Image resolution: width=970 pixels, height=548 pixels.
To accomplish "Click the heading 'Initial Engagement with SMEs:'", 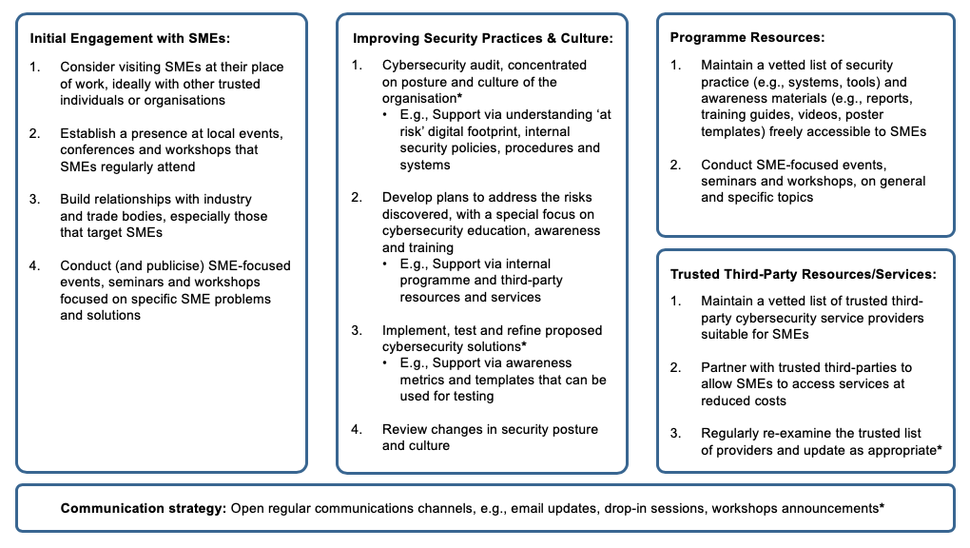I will [x=130, y=39].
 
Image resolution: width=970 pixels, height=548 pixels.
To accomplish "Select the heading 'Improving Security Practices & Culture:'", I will [x=482, y=39].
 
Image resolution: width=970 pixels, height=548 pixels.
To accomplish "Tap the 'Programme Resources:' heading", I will [x=747, y=38].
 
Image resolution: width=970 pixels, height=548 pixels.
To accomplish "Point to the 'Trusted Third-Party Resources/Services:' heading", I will [x=803, y=274].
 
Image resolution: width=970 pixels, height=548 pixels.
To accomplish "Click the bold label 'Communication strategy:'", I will [x=143, y=508].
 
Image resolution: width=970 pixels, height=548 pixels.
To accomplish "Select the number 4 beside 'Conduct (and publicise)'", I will [x=34, y=265].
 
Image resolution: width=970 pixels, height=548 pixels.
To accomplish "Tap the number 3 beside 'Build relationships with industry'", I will [x=34, y=199].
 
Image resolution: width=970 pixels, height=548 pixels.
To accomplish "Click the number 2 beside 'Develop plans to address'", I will [x=357, y=198].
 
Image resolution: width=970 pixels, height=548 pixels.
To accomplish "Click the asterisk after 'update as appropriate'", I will [x=939, y=449].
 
